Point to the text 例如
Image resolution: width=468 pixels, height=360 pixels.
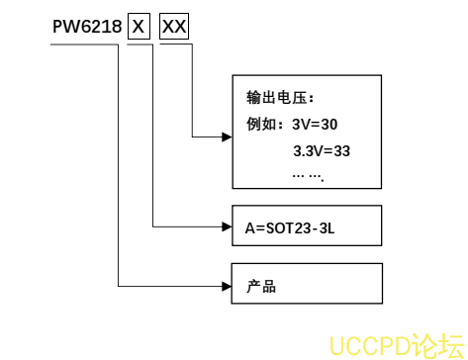point(259,125)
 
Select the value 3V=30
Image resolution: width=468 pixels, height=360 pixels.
point(315,125)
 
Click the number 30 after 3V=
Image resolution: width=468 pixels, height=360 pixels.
point(329,125)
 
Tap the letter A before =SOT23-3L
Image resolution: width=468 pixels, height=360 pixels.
point(250,227)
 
